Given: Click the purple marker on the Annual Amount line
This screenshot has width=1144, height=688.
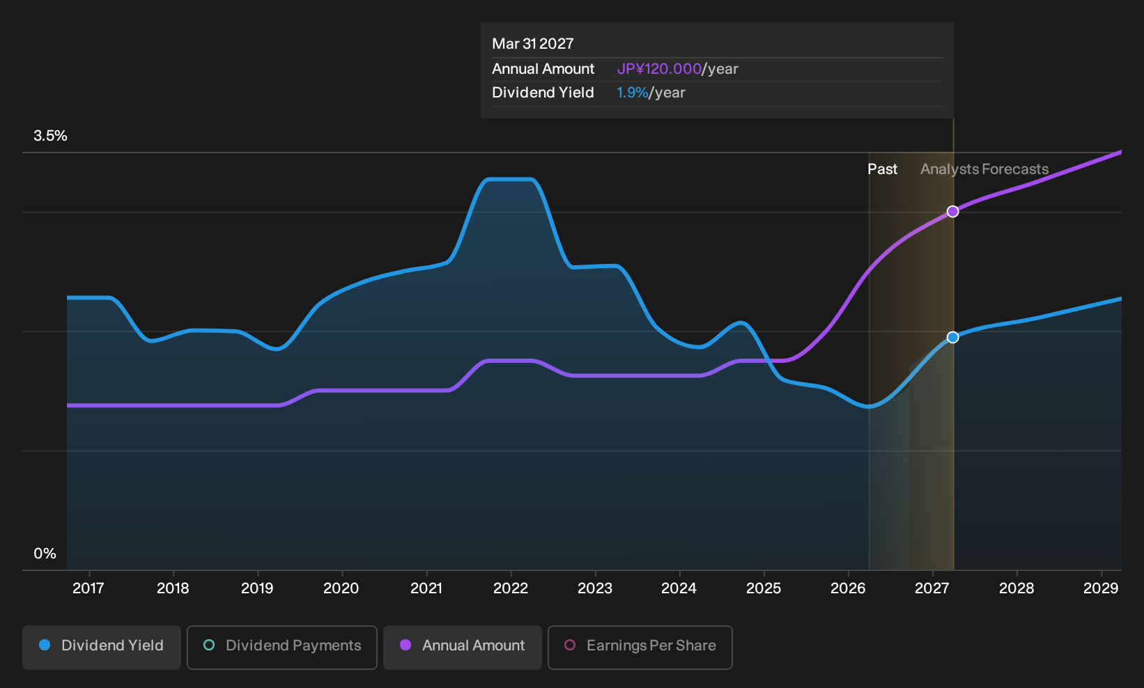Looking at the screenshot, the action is (952, 211).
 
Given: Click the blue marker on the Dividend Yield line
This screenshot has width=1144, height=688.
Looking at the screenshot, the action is (952, 337).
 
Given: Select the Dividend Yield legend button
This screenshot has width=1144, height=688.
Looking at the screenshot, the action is (102, 647).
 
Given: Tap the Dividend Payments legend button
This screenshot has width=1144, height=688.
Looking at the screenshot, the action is (282, 647).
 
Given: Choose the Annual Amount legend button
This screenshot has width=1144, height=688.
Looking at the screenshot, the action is (462, 647).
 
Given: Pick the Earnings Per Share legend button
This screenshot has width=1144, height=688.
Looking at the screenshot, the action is (640, 647).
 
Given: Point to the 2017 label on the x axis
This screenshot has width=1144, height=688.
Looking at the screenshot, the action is (88, 588).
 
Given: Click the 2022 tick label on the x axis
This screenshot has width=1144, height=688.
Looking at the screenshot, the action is (511, 588).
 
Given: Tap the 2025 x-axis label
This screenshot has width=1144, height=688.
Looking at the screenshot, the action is (764, 588).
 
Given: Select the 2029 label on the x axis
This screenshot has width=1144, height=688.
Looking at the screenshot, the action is (1101, 588).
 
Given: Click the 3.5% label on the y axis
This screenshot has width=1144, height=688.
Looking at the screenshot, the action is (50, 136).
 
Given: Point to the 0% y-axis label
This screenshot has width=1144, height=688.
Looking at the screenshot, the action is (45, 554).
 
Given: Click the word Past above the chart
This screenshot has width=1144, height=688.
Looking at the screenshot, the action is (883, 169).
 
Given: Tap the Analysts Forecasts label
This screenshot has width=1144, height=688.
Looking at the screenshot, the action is (984, 169).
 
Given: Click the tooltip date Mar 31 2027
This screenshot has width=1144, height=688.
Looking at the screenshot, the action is (533, 44).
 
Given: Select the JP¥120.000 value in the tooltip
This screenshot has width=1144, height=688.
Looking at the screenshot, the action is (659, 69).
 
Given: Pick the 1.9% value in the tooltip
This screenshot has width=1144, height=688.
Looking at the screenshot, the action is (632, 93).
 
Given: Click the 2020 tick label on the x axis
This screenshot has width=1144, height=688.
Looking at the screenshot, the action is (341, 588).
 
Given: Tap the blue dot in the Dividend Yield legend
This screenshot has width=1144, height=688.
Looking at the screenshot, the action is (45, 645).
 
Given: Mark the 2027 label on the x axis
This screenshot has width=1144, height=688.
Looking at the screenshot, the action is (932, 588).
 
